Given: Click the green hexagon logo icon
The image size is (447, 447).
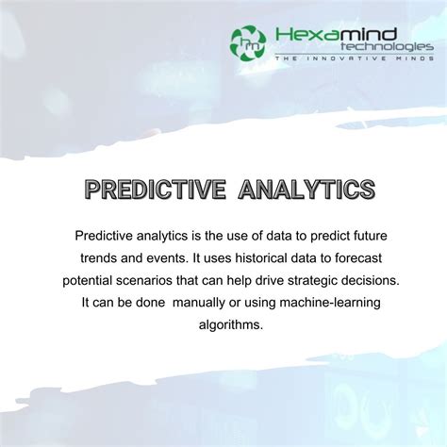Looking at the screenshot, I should (x=248, y=40).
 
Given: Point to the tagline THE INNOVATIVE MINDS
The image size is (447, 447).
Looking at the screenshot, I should (x=354, y=59).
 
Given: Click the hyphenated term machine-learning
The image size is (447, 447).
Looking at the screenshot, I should (x=319, y=303).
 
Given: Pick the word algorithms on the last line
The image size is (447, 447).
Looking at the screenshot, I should (x=223, y=325).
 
